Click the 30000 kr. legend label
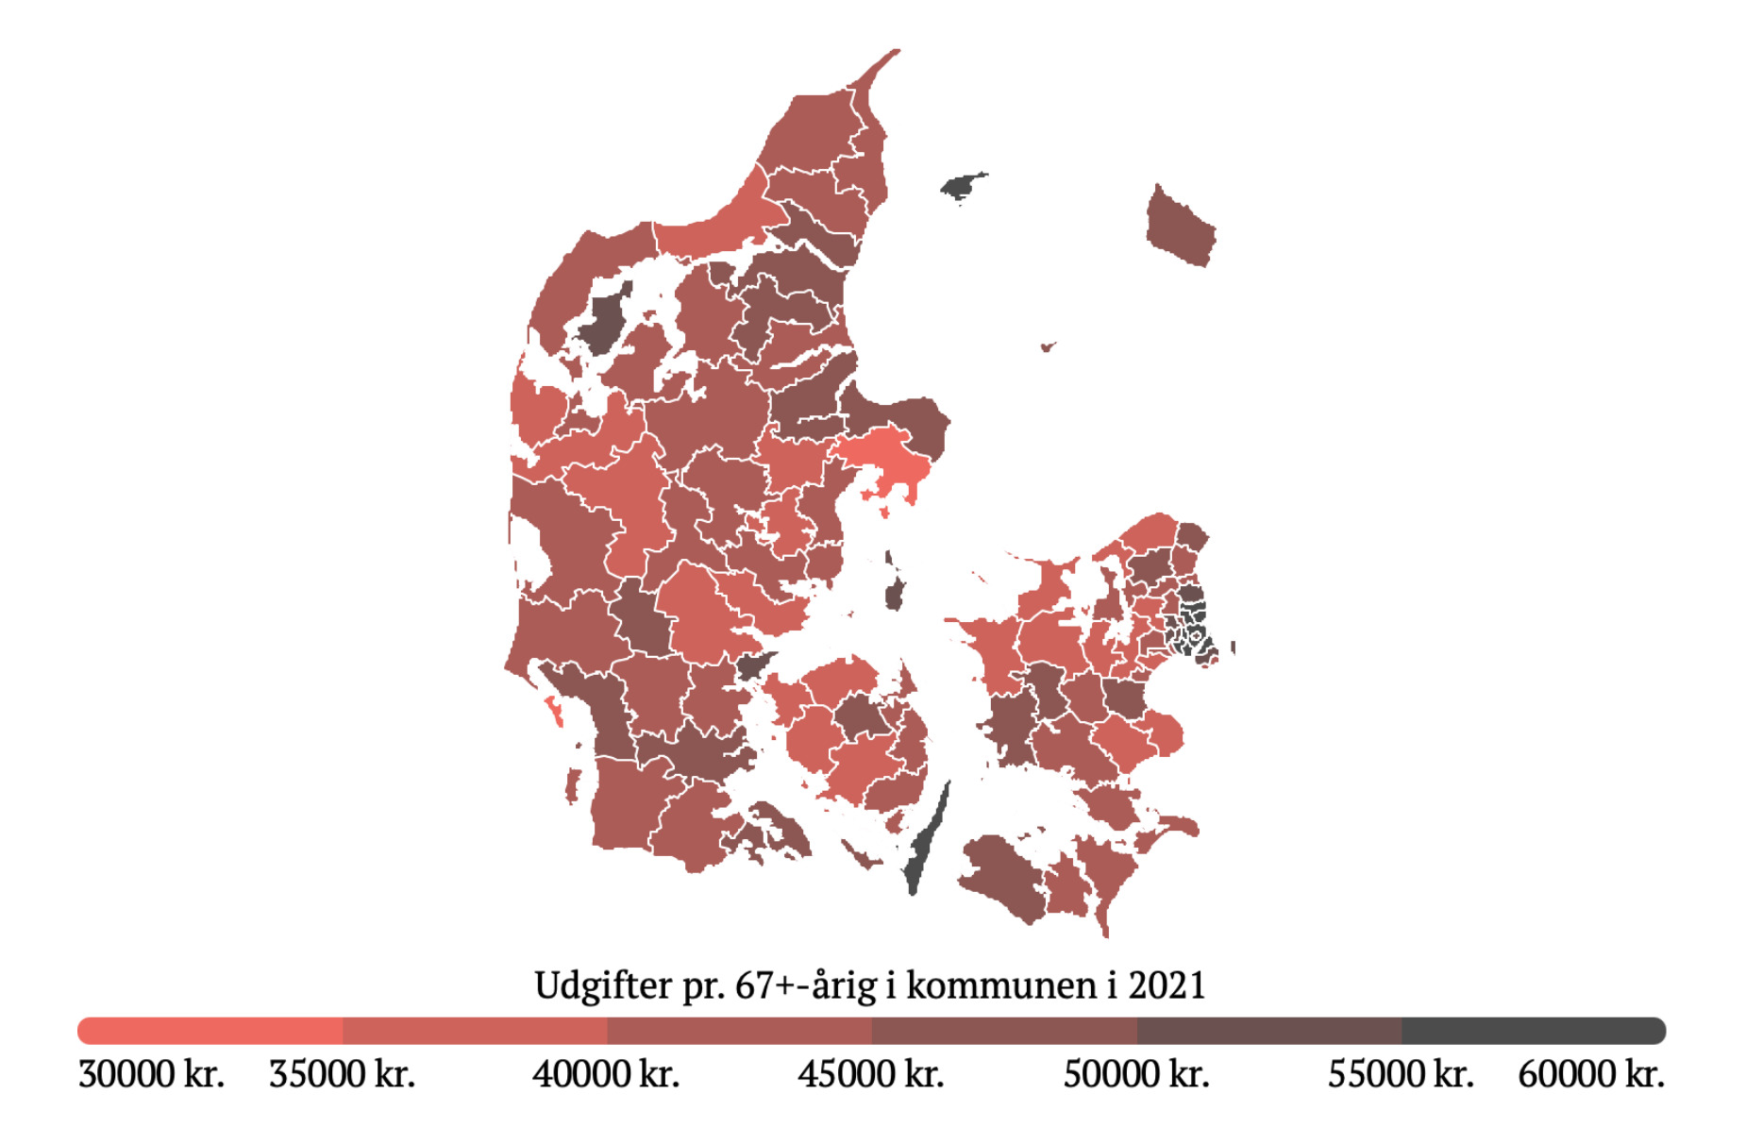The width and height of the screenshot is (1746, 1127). click(151, 1074)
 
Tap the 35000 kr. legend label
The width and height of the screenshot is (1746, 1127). click(342, 1074)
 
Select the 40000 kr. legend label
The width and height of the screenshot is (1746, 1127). click(606, 1074)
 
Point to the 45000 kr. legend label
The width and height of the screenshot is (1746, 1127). click(871, 1074)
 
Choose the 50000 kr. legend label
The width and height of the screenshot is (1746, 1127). click(1136, 1074)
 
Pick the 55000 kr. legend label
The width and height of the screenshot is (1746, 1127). click(1401, 1074)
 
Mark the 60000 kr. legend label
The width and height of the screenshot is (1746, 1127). click(1591, 1074)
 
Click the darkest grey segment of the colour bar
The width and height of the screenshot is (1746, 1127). click(1533, 1031)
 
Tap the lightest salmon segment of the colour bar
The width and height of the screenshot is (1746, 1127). click(210, 1031)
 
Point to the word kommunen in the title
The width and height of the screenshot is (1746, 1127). click(1002, 986)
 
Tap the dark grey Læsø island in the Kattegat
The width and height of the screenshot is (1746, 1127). click(963, 186)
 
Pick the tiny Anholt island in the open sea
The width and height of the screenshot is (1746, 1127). click(1046, 347)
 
